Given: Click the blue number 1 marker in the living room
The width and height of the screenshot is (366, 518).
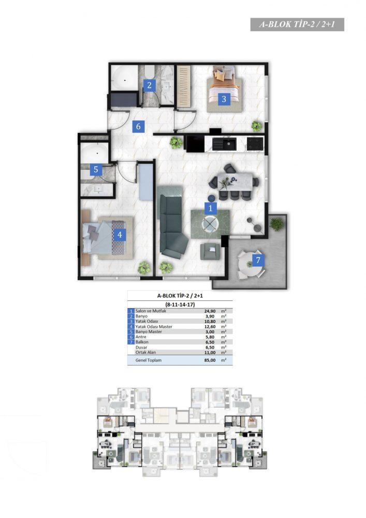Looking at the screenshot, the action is click(x=210, y=208).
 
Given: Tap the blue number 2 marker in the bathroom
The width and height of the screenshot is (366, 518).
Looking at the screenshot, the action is click(x=149, y=85).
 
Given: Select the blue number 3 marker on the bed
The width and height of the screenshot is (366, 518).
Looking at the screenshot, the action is click(x=224, y=99).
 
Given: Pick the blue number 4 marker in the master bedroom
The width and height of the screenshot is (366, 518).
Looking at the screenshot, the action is click(x=120, y=234).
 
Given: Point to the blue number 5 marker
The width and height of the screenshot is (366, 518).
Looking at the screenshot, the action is click(x=96, y=169).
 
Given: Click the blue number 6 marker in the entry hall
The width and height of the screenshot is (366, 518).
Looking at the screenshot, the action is click(x=138, y=126).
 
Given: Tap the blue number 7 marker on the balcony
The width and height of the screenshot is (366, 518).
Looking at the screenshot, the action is click(x=258, y=260).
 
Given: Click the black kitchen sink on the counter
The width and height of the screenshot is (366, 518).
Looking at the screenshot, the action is click(x=224, y=143).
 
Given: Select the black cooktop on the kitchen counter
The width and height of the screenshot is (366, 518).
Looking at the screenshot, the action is click(x=255, y=143).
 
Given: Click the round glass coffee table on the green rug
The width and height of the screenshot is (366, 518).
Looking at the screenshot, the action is click(x=210, y=224).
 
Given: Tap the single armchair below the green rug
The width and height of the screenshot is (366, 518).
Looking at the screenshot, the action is click(x=210, y=252).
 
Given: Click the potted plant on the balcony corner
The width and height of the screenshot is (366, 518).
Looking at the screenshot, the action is click(x=276, y=224).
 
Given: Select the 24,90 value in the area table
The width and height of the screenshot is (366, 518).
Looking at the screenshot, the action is click(x=210, y=311).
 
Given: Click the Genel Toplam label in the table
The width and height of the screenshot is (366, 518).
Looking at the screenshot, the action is click(x=149, y=360).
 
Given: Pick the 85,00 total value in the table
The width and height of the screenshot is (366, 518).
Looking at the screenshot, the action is click(x=210, y=360).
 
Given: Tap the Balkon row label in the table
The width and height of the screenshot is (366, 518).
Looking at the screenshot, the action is click(x=142, y=342).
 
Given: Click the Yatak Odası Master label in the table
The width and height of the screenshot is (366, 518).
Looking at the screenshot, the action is click(x=154, y=326).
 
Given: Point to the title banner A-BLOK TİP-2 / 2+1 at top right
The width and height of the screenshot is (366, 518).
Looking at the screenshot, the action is click(x=297, y=24).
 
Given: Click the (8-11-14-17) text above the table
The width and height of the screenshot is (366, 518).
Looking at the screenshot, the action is click(x=180, y=304).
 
